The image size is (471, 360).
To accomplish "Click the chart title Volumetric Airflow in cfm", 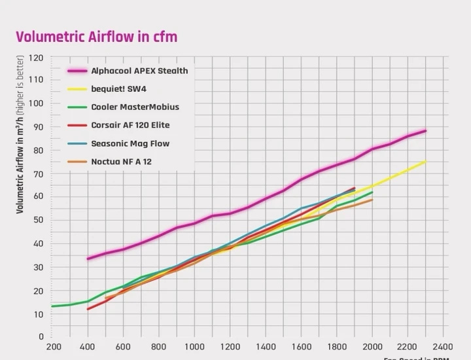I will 96,36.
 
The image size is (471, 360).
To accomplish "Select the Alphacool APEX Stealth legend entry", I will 139,71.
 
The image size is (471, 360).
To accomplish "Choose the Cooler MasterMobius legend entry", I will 135,107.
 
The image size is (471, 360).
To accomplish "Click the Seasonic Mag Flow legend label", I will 130,143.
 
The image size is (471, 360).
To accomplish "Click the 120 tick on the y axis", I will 36,58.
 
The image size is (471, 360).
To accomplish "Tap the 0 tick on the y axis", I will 41,337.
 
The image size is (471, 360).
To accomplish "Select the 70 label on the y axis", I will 38,173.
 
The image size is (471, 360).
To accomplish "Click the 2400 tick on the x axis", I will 443,346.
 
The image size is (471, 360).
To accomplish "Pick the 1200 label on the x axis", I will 230,346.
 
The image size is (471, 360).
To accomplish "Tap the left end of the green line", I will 52,306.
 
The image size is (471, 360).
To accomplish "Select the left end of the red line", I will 88,309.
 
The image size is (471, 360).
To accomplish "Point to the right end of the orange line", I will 372,200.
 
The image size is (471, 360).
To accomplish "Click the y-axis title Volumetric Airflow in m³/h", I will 20,135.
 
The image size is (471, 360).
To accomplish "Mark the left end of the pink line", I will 88,259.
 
